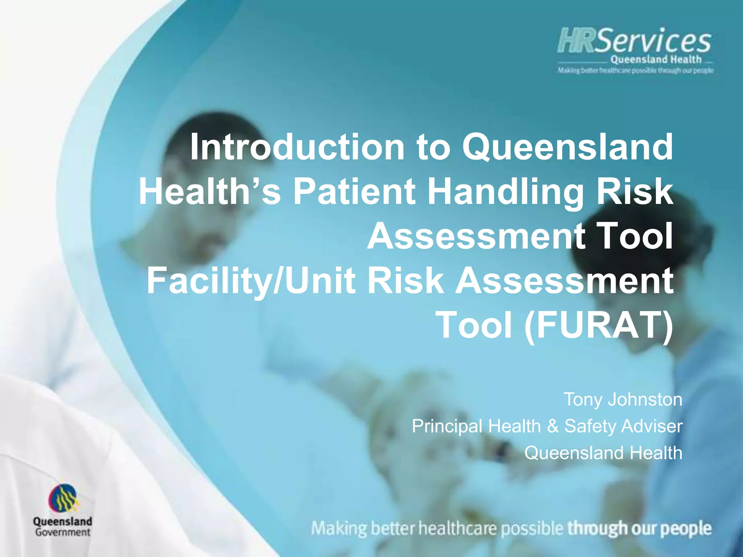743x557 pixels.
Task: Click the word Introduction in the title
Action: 297,147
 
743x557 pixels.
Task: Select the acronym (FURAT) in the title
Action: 599,325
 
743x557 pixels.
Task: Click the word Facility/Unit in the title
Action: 251,280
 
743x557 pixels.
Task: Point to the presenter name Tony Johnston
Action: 623,399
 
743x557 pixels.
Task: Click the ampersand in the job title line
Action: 553,426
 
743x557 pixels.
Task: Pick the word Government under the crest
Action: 62,532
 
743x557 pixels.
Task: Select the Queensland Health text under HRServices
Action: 656,59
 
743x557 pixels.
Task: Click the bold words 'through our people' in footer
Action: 639,528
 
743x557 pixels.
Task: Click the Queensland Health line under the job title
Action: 603,453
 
